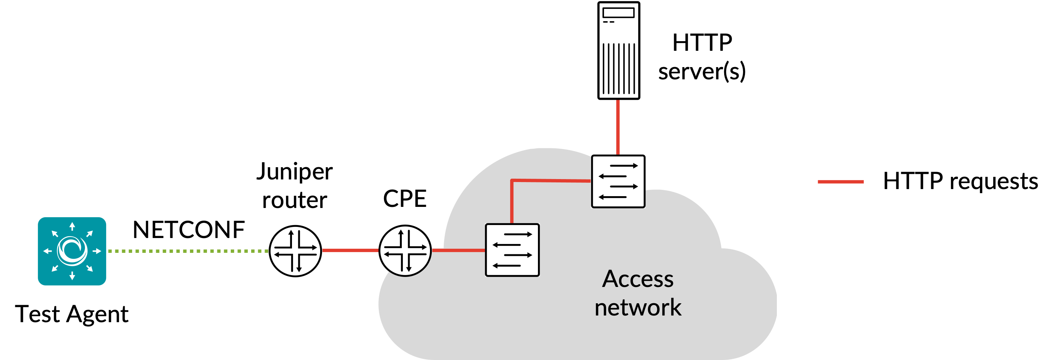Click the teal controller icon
coord(72,251)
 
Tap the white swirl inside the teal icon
coord(72,250)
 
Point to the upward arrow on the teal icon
coord(72,226)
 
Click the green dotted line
coord(188,251)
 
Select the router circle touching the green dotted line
coord(296,250)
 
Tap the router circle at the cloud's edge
coord(405,250)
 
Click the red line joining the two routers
coord(351,250)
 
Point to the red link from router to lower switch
coord(459,250)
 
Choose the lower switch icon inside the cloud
coord(512,250)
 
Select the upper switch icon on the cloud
coord(618,181)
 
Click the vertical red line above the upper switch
coord(618,127)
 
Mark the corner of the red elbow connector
coord(512,181)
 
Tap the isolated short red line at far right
coord(840,182)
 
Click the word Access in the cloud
coord(637,280)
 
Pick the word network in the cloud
coord(637,308)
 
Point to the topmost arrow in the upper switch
coord(624,166)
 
